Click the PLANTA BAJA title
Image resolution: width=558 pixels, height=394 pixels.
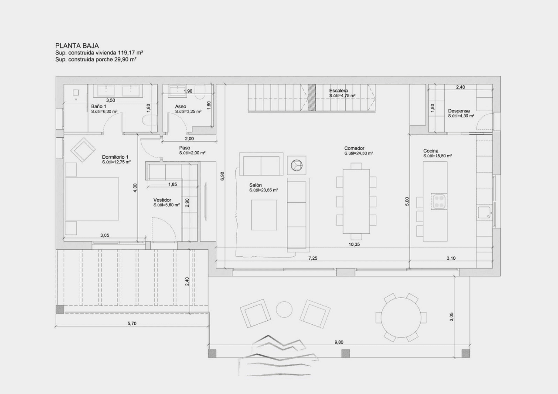pyautogui.click(x=77, y=46)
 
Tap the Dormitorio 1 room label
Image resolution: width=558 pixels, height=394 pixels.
pyautogui.click(x=115, y=157)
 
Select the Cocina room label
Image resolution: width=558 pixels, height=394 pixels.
pyautogui.click(x=431, y=151)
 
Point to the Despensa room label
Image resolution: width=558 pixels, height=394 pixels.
pyautogui.click(x=459, y=111)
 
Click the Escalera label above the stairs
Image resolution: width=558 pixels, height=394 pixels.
pyautogui.click(x=338, y=91)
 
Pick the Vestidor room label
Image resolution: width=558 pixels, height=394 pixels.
pyautogui.click(x=162, y=200)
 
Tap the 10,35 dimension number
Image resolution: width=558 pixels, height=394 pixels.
pyautogui.click(x=354, y=245)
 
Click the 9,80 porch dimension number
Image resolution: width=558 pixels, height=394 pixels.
pyautogui.click(x=339, y=342)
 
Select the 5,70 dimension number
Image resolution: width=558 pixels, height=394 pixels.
pyautogui.click(x=132, y=323)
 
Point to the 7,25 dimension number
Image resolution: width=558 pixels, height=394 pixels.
pyautogui.click(x=313, y=258)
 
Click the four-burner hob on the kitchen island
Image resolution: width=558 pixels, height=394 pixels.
pyautogui.click(x=439, y=202)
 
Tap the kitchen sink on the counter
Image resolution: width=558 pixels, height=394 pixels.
pyautogui.click(x=484, y=213)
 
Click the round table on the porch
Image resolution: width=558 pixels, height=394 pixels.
pyautogui.click(x=401, y=318)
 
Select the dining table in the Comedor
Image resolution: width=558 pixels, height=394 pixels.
pyautogui.click(x=356, y=201)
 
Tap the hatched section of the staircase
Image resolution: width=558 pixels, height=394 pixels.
pyautogui.click(x=312, y=97)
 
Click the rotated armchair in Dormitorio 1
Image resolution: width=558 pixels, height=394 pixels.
pyautogui.click(x=83, y=150)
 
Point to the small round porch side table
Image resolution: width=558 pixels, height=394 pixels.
pyautogui.click(x=284, y=309)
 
